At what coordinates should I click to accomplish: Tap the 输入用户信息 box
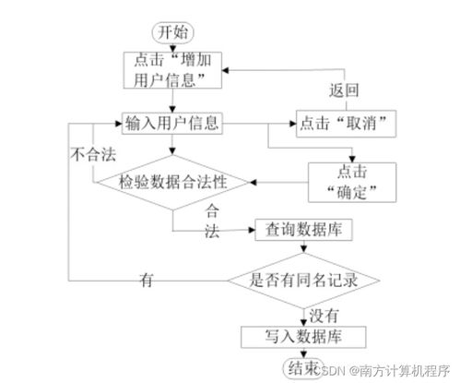click(x=173, y=122)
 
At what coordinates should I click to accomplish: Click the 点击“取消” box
click(x=338, y=122)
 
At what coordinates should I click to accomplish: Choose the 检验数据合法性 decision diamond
click(x=173, y=182)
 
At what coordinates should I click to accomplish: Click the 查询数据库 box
click(x=303, y=230)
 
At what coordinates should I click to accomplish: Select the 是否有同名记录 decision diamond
click(x=303, y=278)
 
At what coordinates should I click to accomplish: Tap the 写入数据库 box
click(x=302, y=335)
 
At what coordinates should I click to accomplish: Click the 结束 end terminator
click(x=301, y=367)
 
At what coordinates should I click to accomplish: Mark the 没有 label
click(x=324, y=313)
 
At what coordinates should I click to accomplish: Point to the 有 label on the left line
click(x=146, y=279)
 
